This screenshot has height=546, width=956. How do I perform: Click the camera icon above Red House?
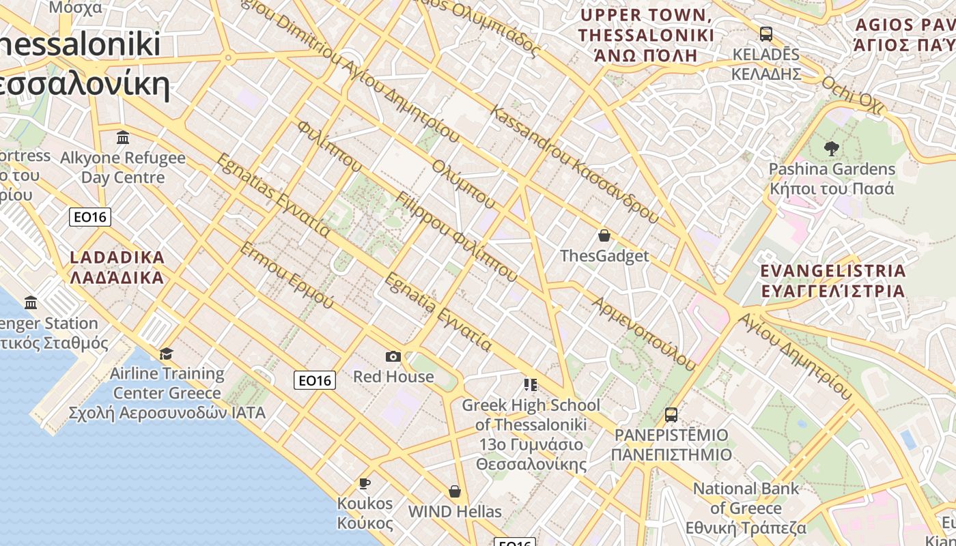pyautogui.click(x=393, y=356)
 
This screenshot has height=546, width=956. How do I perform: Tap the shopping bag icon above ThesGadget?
pyautogui.click(x=604, y=236)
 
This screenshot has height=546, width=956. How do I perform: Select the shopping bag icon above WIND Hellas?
pyautogui.click(x=455, y=491)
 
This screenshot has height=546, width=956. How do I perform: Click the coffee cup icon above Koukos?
pyautogui.click(x=365, y=484)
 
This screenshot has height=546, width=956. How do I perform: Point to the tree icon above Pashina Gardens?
pyautogui.click(x=831, y=148)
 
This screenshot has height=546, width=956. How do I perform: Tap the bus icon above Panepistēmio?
pyautogui.click(x=671, y=414)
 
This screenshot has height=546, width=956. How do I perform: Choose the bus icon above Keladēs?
pyautogui.click(x=765, y=34)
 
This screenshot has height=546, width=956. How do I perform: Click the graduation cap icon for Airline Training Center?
pyautogui.click(x=166, y=354)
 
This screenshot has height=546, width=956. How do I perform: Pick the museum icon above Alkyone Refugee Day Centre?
pyautogui.click(x=123, y=138)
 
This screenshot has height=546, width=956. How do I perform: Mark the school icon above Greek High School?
pyautogui.click(x=531, y=385)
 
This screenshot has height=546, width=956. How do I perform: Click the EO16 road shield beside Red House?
pyautogui.click(x=315, y=380)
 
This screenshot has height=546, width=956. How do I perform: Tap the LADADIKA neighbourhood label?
pyautogui.click(x=117, y=268)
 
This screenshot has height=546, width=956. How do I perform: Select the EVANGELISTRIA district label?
pyautogui.click(x=833, y=281)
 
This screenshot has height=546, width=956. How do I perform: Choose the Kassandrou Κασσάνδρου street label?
pyautogui.click(x=574, y=164)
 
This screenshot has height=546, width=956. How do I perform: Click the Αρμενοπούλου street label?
pyautogui.click(x=644, y=334)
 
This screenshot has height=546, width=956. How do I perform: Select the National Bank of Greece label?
pyautogui.click(x=746, y=508)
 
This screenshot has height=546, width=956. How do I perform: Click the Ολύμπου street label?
pyautogui.click(x=463, y=184)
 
